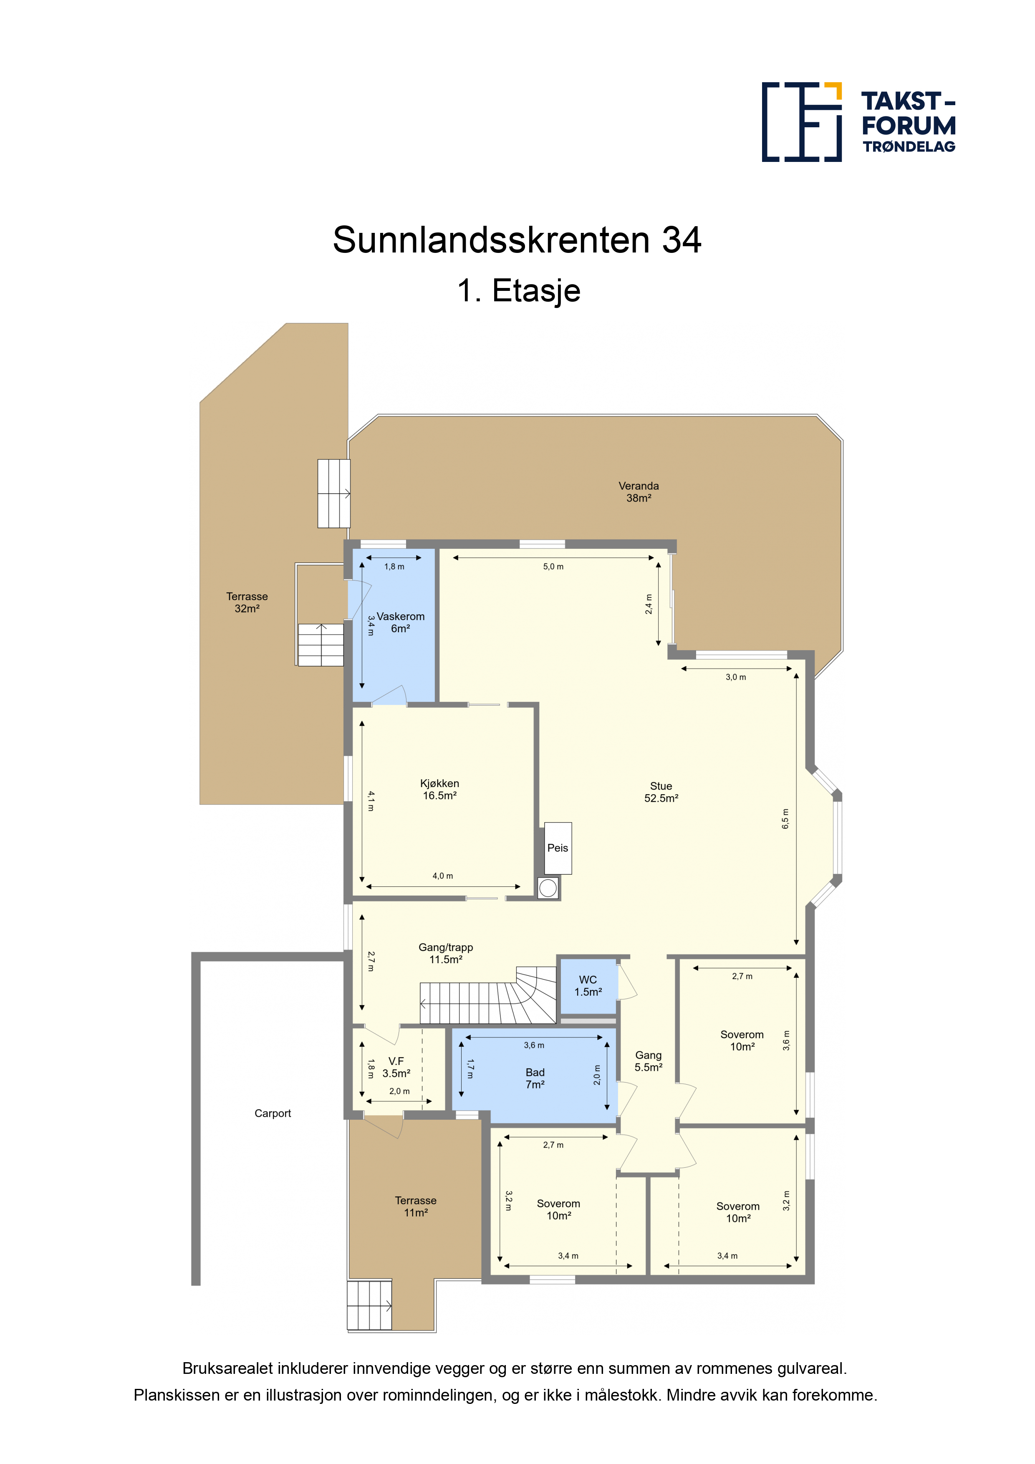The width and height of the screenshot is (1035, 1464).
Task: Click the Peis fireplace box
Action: click(558, 848)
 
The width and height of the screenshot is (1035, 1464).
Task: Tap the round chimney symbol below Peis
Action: click(548, 888)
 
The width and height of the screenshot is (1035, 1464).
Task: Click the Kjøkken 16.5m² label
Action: click(439, 790)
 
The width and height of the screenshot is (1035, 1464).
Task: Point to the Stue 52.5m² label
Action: click(661, 792)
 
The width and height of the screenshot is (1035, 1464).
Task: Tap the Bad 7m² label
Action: click(535, 1078)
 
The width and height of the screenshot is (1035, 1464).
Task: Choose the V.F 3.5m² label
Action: click(396, 1068)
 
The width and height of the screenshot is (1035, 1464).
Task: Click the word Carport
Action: click(273, 1113)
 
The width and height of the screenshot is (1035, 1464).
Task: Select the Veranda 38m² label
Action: click(639, 492)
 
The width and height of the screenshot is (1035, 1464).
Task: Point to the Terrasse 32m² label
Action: click(247, 603)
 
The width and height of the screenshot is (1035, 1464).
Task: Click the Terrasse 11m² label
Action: click(416, 1207)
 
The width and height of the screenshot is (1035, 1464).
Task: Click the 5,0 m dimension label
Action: click(553, 566)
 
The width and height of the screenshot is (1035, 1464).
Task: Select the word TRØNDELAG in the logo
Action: click(909, 146)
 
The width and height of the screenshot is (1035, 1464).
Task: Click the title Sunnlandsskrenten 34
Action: click(517, 240)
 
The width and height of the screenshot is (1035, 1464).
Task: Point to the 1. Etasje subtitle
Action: click(518, 291)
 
